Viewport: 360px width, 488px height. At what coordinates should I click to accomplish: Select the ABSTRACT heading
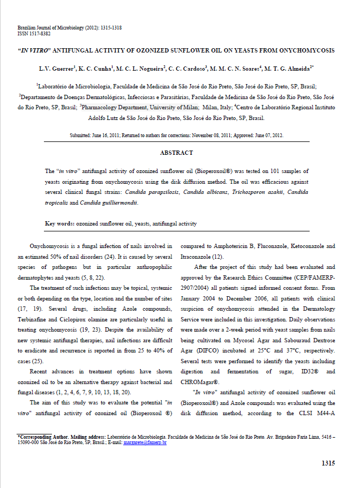coord(176,153)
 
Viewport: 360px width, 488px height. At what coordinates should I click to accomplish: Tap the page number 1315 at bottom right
coord(328,463)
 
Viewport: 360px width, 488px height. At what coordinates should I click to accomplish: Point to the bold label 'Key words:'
coord(59,223)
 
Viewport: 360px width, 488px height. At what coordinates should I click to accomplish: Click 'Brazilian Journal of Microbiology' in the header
coord(51,27)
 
